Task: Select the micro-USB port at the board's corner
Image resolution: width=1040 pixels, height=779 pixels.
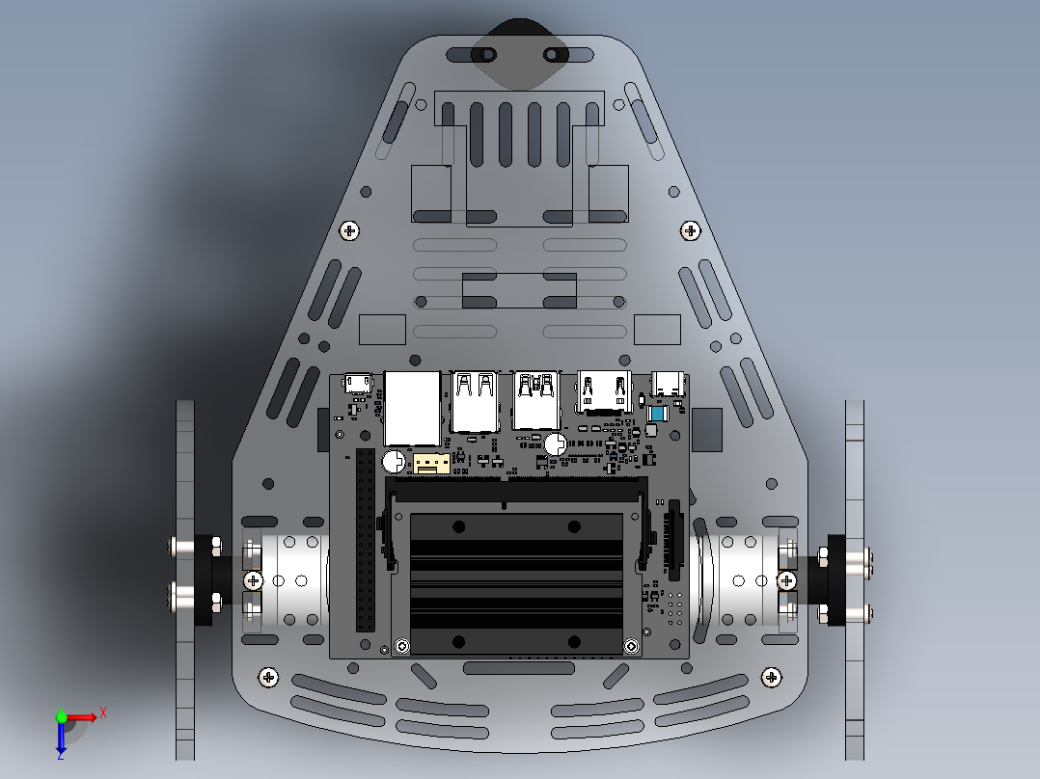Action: click(x=358, y=384)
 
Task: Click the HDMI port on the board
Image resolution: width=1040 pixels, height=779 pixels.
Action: click(x=604, y=392)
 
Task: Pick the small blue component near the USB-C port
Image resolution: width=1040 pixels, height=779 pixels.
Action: click(x=657, y=414)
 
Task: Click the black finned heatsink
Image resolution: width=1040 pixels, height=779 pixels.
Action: click(x=516, y=583)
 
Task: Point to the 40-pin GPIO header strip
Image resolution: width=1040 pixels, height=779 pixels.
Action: click(x=365, y=540)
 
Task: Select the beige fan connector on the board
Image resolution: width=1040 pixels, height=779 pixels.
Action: click(x=431, y=464)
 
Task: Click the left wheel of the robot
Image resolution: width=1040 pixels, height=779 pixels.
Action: click(x=185, y=578)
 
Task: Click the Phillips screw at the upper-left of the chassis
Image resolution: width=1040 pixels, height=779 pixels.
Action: click(x=350, y=230)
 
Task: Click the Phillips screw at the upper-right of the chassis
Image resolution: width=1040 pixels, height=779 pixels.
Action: click(x=690, y=230)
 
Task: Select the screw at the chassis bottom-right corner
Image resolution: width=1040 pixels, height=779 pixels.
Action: click(x=771, y=678)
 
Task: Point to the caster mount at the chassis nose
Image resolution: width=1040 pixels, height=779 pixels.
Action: click(x=521, y=54)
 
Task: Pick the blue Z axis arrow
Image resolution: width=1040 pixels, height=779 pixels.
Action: click(x=61, y=740)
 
